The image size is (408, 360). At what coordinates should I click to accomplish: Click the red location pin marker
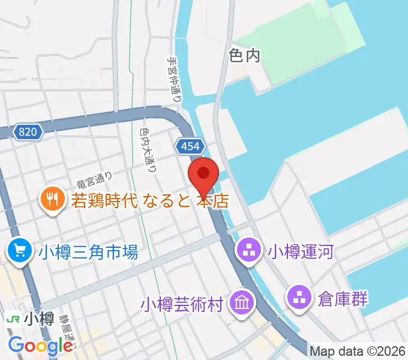click(203, 175)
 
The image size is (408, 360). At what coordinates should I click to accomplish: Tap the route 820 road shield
click(27, 132)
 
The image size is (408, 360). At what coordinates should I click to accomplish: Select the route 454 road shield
click(191, 146)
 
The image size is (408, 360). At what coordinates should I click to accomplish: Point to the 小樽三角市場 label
click(88, 251)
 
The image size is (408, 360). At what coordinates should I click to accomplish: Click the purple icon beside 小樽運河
click(248, 250)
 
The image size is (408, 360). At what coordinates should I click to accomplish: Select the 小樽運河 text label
click(300, 250)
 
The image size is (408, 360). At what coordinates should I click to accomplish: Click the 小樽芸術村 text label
click(181, 304)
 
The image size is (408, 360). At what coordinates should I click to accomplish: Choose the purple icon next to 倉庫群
click(299, 296)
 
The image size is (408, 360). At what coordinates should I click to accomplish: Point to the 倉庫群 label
click(343, 297)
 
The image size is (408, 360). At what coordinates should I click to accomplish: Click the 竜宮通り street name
click(94, 177)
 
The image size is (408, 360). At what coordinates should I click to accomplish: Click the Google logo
click(41, 346)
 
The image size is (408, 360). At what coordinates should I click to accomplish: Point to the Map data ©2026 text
click(358, 350)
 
